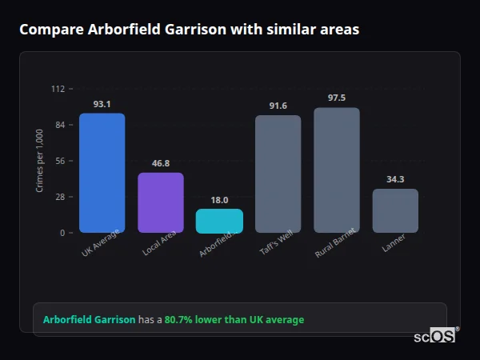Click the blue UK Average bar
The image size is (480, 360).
coord(102,173)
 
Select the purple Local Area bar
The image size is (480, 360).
coord(161,202)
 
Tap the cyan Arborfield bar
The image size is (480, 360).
coord(219,221)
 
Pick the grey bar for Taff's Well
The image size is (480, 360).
coord(278,174)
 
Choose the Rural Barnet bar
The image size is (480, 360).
coord(337,170)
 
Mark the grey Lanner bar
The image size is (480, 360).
coord(395,210)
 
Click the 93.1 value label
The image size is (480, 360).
coord(102,104)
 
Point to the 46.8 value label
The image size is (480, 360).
coord(161,163)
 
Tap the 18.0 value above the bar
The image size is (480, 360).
coord(219,200)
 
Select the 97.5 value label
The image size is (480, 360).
coord(337,98)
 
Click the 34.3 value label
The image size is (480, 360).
coord(395,179)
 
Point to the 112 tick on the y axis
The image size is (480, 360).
coord(58,89)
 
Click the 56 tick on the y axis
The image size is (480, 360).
coord(60,161)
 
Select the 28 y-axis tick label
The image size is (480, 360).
coord(60,197)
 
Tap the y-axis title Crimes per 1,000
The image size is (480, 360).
coord(39,161)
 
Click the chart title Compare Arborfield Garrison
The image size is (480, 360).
coord(189,30)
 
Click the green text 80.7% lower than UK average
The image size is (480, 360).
coord(234,320)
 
